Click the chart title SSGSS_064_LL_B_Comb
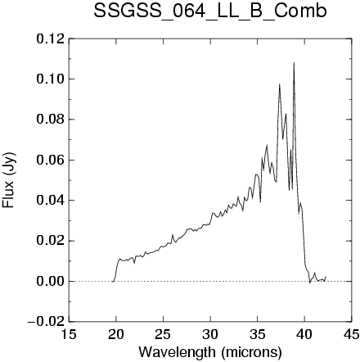(x=210, y=11)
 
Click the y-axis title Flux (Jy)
(x=9, y=180)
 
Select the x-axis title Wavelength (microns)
(x=210, y=352)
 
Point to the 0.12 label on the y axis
(x=51, y=38)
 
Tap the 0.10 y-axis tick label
(x=51, y=79)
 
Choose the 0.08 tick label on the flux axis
(x=51, y=120)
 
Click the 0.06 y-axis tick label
(x=51, y=160)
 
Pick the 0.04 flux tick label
(x=51, y=201)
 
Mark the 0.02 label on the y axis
(x=51, y=241)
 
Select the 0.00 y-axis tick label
(x=51, y=282)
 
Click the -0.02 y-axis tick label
(x=47, y=322)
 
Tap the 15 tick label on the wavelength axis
(x=69, y=334)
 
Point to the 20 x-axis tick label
(x=116, y=334)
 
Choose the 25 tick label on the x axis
(x=163, y=334)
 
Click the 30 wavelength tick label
(x=210, y=334)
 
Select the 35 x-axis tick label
(x=258, y=334)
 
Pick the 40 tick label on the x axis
(x=304, y=334)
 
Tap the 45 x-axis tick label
(x=351, y=334)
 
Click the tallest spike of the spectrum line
(x=294, y=63)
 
